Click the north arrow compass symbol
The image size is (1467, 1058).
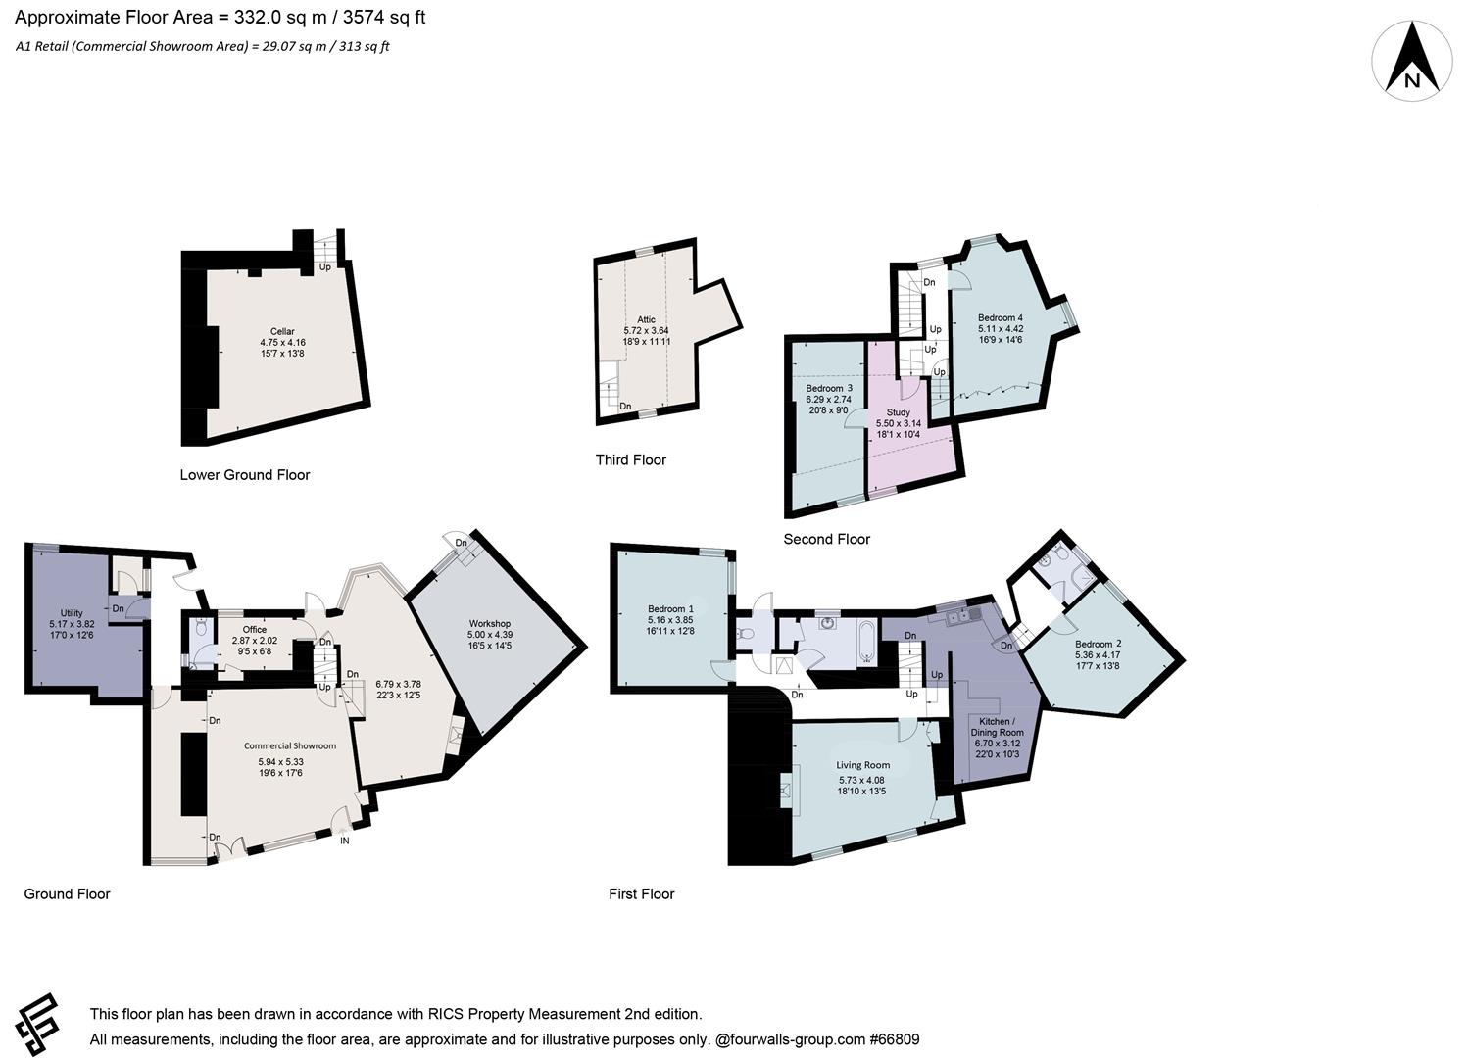click(1411, 61)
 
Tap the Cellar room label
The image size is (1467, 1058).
click(282, 332)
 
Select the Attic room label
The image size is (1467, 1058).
click(646, 319)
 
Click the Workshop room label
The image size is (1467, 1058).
click(489, 624)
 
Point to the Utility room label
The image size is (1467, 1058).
click(71, 613)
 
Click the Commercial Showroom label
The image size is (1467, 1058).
click(290, 746)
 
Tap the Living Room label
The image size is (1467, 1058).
click(862, 766)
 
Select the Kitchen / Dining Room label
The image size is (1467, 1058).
click(997, 727)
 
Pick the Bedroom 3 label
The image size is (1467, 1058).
click(828, 389)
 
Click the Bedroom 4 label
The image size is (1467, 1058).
click(1000, 318)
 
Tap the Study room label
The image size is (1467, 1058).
click(898, 412)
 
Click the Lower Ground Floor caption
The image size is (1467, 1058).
click(245, 475)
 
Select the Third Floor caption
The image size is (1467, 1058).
click(630, 460)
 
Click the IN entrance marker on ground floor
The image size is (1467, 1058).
click(344, 841)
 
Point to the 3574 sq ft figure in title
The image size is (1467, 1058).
click(384, 18)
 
